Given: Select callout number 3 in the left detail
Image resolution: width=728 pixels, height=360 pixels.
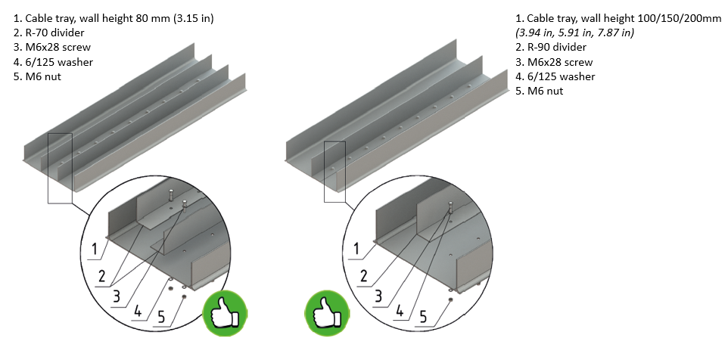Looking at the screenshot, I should click(116, 296).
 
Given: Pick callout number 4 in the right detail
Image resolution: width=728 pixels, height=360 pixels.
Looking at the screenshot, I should click(400, 309).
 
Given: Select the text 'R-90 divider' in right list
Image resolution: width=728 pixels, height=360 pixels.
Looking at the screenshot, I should click(556, 47).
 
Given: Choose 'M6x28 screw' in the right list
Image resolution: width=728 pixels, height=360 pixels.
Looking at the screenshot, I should click(558, 62).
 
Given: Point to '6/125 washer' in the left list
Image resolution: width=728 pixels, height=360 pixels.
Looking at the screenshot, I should click(58, 62).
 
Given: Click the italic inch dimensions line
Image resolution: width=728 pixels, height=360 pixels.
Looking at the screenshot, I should click(574, 32).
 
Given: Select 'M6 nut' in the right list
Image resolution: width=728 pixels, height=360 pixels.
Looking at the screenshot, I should click(545, 91).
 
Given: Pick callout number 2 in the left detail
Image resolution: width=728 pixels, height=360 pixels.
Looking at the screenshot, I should click(102, 276).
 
